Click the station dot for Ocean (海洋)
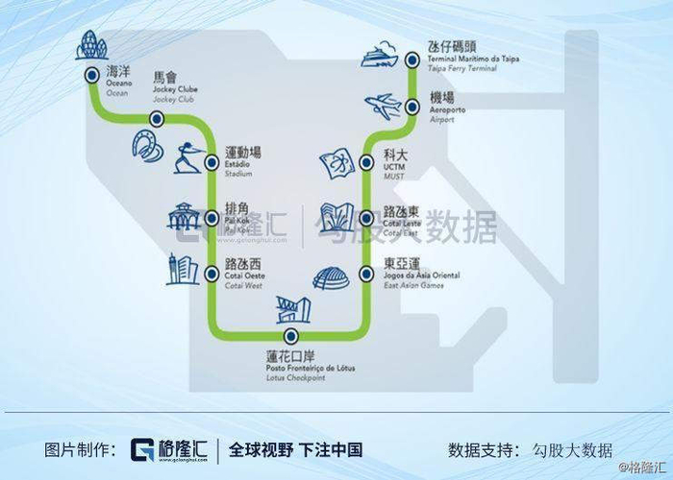pos(90,74)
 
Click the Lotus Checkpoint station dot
pos(290,336)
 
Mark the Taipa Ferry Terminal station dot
pos(411,60)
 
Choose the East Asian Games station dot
pos(366,274)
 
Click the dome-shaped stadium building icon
pos(328,277)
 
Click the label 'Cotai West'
pos(242,285)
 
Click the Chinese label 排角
pos(237,207)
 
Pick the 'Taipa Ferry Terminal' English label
pos(461,70)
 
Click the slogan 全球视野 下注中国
pos(296,449)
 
